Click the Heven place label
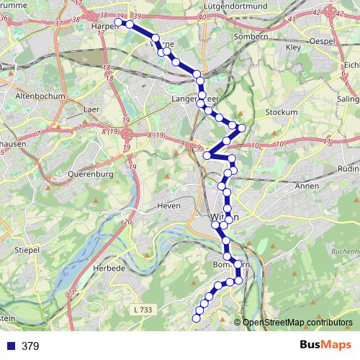pos(168,206)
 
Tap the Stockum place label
pos(281,112)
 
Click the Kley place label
pos(293,48)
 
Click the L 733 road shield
pos(143,309)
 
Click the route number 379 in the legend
pos(30,346)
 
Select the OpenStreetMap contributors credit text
pos(297,322)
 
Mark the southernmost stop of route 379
pos(196,318)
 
